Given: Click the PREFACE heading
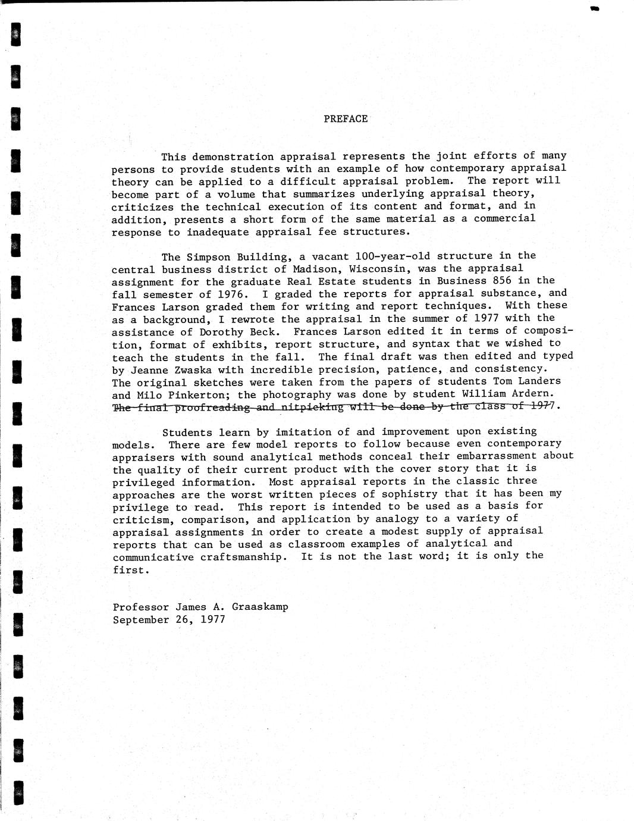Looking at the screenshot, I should tap(346, 119).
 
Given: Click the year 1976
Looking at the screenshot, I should tap(230, 294).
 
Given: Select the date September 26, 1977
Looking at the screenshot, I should tap(169, 620).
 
